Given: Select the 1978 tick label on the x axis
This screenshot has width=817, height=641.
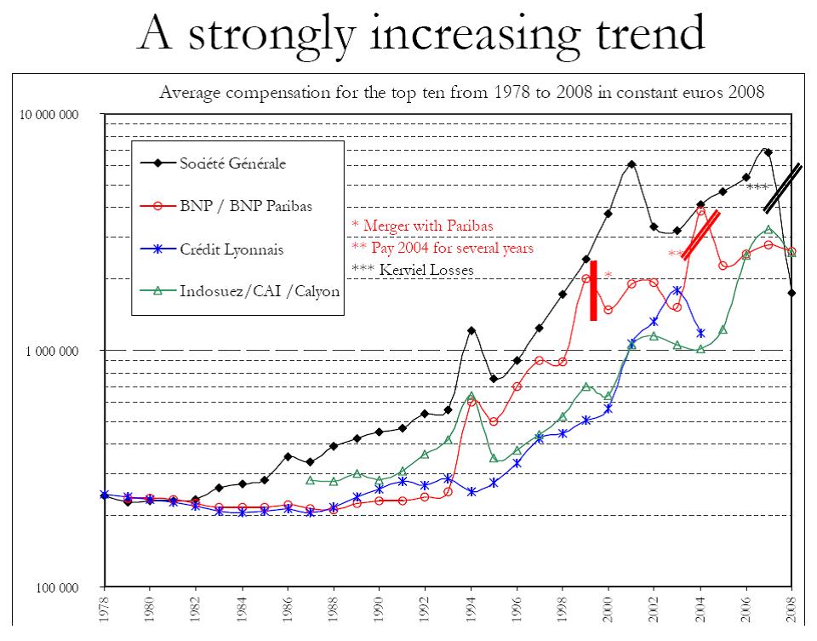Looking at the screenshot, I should click(104, 612).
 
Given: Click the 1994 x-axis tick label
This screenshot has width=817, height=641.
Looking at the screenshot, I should click(471, 612).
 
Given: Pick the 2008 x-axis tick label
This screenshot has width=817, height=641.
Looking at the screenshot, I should click(792, 612).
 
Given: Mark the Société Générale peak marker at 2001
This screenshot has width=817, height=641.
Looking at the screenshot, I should click(631, 164).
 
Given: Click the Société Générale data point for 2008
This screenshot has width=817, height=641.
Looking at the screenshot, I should click(792, 293).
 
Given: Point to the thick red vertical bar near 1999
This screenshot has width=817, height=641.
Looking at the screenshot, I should click(593, 290).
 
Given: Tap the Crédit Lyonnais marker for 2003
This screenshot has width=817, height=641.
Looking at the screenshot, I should click(677, 290).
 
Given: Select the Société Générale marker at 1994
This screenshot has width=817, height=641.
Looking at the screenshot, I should click(471, 330).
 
